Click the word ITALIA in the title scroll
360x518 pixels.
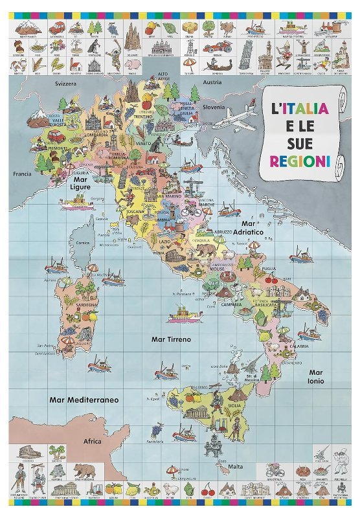pos(301,108)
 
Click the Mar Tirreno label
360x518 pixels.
pos(170,339)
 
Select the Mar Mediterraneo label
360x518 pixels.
pos(84,400)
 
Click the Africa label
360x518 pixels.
pos(93,441)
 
